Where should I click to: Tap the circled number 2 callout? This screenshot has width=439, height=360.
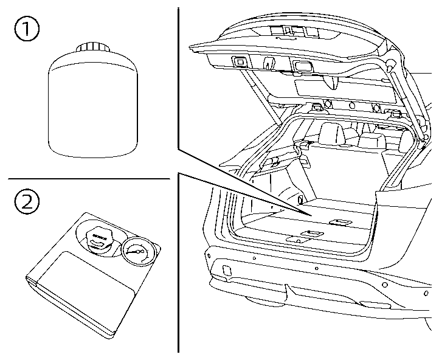(x=26, y=202)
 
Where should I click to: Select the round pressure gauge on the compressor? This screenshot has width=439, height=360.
(x=137, y=253)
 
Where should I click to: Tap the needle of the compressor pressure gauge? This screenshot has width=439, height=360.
(x=135, y=251)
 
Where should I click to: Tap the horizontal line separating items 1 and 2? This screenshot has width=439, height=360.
(x=88, y=179)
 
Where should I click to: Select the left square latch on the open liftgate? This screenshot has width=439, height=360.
(x=239, y=61)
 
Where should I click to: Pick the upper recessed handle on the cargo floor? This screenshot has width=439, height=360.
(x=342, y=222)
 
